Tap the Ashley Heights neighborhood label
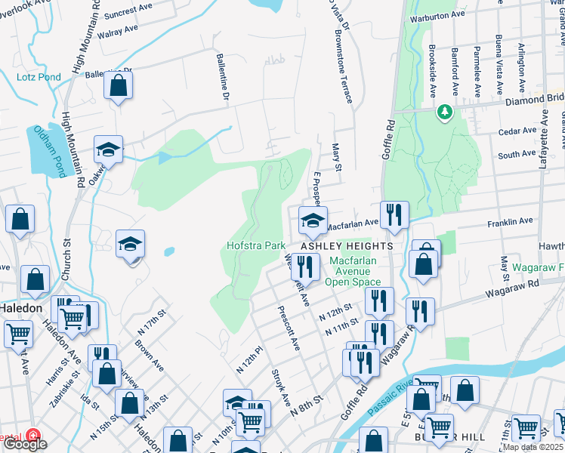tap(347, 247)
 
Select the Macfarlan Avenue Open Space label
tap(351, 271)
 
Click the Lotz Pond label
tap(36, 77)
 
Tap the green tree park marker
tap(445, 112)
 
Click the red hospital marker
tap(32, 436)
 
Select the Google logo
tap(24, 444)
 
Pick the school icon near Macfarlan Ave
tap(313, 220)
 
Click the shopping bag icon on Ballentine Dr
tap(119, 85)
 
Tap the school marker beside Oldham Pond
tap(108, 149)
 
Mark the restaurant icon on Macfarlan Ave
tap(394, 215)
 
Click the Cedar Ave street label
tap(517, 131)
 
